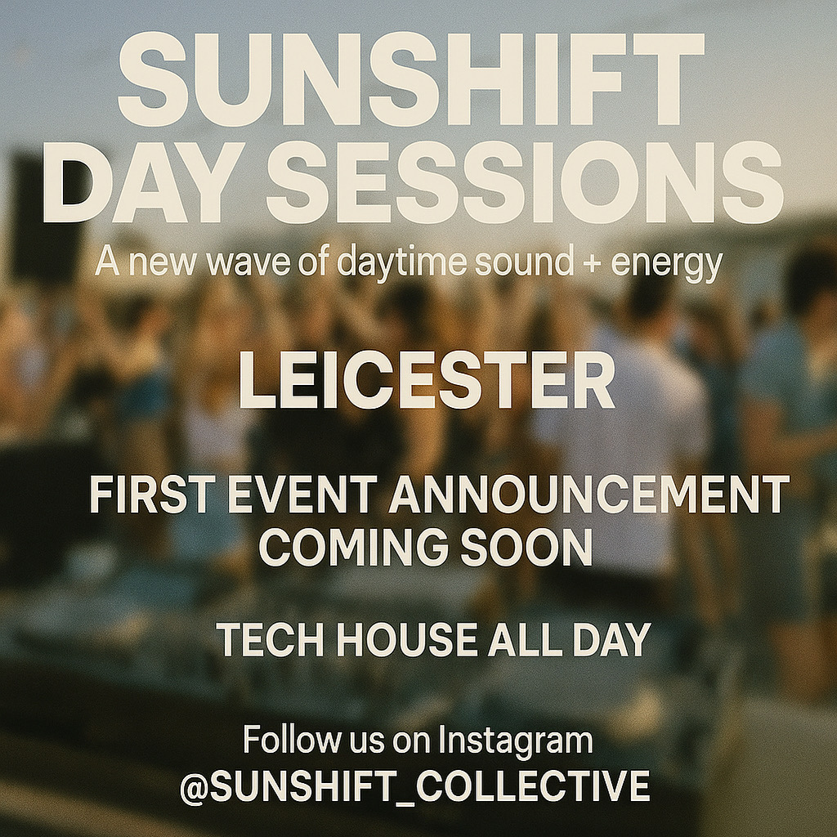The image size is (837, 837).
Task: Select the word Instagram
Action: pyautogui.click(x=515, y=741)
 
